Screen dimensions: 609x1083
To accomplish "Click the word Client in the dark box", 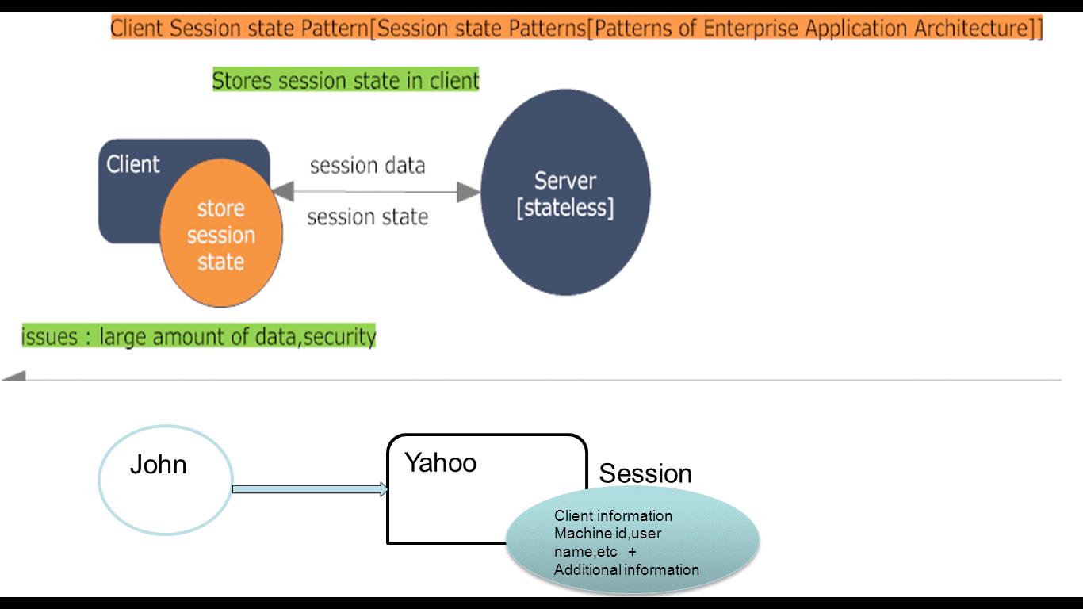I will (x=133, y=164).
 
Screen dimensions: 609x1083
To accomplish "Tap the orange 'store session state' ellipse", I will (x=220, y=235).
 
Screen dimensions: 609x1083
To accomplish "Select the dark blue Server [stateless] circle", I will (x=565, y=193).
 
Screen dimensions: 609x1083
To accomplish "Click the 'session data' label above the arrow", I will (x=367, y=166).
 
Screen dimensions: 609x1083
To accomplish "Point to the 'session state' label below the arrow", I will (x=367, y=216).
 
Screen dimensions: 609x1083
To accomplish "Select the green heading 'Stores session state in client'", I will (x=346, y=80).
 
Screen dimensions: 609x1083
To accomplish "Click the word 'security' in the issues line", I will (x=340, y=337).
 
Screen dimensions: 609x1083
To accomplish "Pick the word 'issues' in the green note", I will (x=49, y=337).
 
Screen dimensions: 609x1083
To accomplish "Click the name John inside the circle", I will (x=158, y=465).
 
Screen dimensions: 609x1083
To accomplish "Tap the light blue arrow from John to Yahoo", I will (x=309, y=490).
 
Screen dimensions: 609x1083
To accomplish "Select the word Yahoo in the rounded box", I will (x=440, y=462).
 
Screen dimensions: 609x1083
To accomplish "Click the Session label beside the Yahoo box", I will (x=645, y=473).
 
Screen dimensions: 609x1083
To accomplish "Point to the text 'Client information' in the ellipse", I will (x=613, y=516).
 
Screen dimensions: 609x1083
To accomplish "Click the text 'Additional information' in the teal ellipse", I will (x=626, y=569).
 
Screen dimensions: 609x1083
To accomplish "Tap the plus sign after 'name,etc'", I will (x=632, y=551).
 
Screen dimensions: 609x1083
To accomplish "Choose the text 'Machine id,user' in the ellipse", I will (x=607, y=534).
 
